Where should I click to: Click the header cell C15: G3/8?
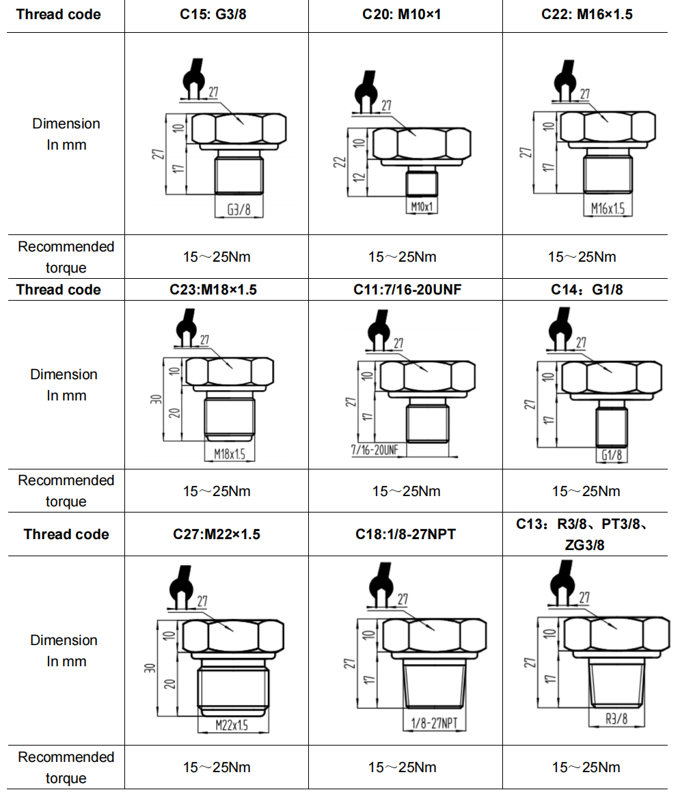pos(217,14)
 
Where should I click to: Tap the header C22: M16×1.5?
pos(586,14)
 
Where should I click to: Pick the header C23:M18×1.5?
pos(213,290)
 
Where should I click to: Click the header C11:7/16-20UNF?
pos(407,290)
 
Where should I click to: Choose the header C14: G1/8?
pos(587,290)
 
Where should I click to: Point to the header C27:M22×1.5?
pos(216,534)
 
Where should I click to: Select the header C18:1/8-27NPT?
pos(405,534)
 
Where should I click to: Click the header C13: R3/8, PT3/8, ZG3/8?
pos(587,534)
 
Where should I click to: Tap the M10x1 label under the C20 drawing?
pos(422,206)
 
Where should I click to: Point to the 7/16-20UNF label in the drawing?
pos(375,450)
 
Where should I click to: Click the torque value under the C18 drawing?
pos(405,767)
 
